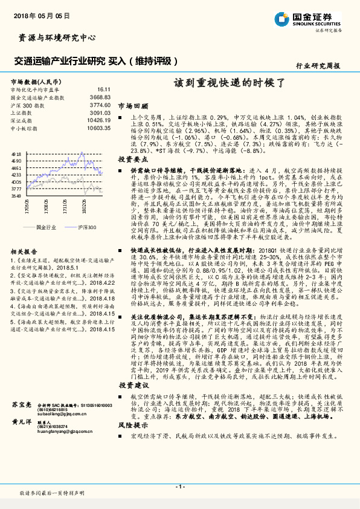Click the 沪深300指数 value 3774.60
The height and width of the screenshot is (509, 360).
pyautogui.click(x=100, y=105)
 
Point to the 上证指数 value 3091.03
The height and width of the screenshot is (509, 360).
pyautogui.click(x=100, y=113)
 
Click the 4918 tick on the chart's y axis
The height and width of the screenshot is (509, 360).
pyautogui.click(x=16, y=155)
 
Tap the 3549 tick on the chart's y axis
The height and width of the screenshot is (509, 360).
pyautogui.click(x=16, y=196)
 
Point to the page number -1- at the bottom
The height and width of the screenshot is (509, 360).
pyautogui.click(x=179, y=487)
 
